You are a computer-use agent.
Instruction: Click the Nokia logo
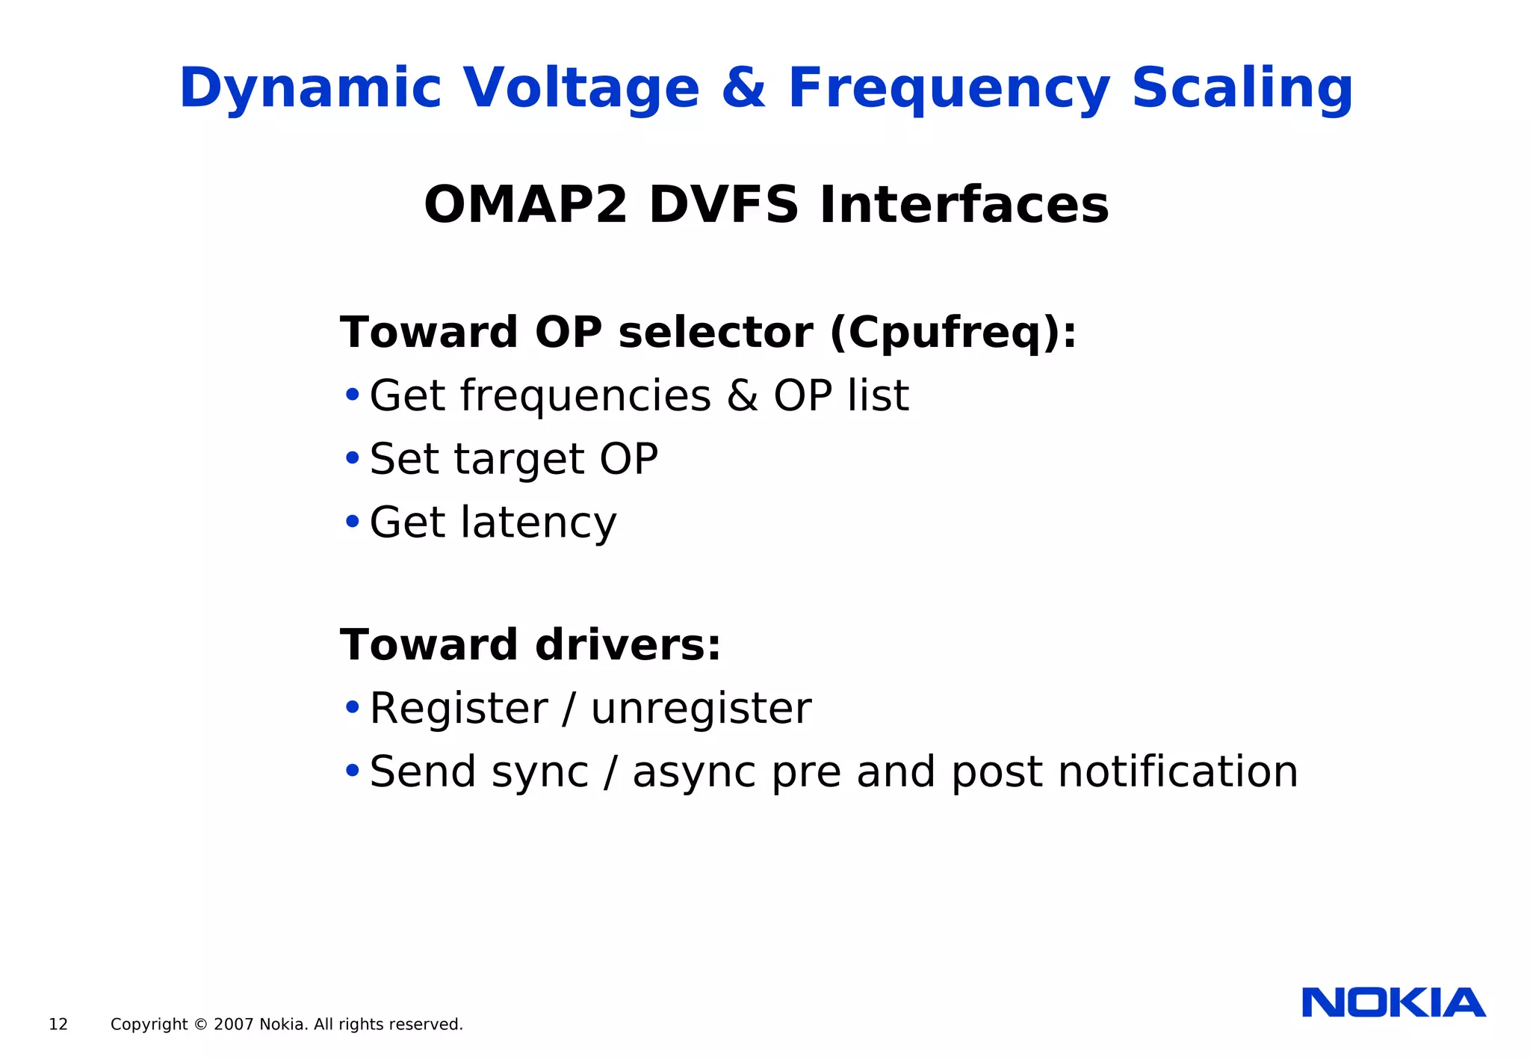(x=1393, y=1003)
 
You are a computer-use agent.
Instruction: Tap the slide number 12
(x=58, y=1025)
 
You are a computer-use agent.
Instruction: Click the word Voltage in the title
(x=581, y=88)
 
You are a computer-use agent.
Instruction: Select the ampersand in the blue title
(x=743, y=88)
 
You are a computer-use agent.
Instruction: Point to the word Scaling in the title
(x=1242, y=88)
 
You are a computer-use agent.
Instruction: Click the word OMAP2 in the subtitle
(x=525, y=205)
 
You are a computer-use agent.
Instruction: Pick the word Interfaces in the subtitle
(x=964, y=205)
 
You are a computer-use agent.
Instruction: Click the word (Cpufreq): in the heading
(x=953, y=333)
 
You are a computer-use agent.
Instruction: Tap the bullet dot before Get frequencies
(x=352, y=394)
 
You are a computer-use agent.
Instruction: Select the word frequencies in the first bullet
(x=585, y=396)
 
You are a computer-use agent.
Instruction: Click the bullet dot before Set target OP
(x=352, y=457)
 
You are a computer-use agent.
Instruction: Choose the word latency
(x=538, y=523)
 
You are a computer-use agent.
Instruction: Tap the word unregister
(x=701, y=709)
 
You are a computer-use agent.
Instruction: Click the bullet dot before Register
(x=352, y=706)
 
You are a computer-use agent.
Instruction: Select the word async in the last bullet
(x=693, y=772)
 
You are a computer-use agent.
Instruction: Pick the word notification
(x=1177, y=771)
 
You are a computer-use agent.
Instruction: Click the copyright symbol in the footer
(x=200, y=1025)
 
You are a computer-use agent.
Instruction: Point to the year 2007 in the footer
(x=233, y=1025)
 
